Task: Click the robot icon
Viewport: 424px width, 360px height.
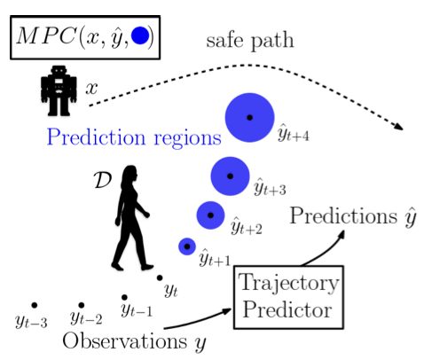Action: pos(59,90)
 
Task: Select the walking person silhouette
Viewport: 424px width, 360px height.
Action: pos(131,218)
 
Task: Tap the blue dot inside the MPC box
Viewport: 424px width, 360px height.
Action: pos(140,35)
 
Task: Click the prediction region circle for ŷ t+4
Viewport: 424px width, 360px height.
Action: pos(250,118)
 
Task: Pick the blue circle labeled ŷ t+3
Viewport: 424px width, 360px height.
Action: pos(230,176)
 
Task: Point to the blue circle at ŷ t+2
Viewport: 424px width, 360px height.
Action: pos(210,215)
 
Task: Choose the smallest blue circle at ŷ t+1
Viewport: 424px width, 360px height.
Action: pos(187,247)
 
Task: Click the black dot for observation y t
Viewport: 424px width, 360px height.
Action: pos(160,278)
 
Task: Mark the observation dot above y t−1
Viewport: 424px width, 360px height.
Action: pos(124,297)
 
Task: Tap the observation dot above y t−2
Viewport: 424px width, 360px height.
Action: pos(82,305)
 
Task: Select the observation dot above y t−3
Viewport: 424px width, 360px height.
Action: pos(35,305)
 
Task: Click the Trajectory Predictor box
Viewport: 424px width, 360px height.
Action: pos(288,297)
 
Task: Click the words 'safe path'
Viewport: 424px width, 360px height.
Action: pos(250,41)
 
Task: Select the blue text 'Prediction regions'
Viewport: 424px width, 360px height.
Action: pos(134,137)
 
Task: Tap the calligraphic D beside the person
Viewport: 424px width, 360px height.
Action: pos(103,180)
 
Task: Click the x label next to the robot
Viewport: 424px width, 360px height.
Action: pos(91,88)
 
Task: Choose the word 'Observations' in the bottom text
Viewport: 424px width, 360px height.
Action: pos(125,340)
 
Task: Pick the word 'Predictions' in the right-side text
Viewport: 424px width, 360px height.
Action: pos(343,215)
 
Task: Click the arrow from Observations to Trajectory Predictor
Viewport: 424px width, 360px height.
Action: pos(198,320)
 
